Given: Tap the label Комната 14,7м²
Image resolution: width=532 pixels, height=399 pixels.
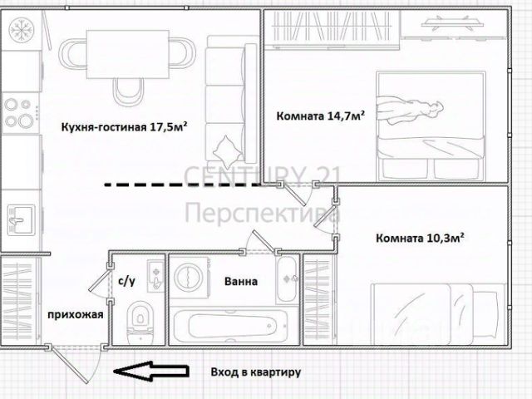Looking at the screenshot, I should point(321,117).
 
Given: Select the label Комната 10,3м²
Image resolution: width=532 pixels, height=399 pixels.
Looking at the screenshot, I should point(420,238).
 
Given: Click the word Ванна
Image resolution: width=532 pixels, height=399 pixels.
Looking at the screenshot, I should point(240,281).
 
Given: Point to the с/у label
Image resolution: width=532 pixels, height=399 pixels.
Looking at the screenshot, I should point(127,281).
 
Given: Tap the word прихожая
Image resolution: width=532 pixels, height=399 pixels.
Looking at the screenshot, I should point(76,314).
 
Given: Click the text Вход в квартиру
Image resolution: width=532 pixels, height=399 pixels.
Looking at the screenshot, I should point(255,372).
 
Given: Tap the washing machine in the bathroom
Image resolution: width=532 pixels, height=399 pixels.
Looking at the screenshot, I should point(190,278).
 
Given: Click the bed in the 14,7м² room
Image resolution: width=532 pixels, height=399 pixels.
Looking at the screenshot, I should point(429,125).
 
